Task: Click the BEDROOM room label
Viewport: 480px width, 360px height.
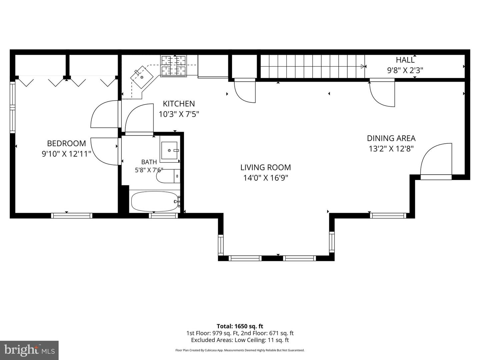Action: [x=66, y=143]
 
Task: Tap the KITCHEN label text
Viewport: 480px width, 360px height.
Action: [x=179, y=104]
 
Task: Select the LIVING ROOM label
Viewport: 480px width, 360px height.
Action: [x=266, y=167]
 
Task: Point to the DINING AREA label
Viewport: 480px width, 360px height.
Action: [x=391, y=138]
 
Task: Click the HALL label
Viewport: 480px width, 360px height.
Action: [x=405, y=60]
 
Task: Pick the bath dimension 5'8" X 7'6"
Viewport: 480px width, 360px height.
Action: [x=149, y=170]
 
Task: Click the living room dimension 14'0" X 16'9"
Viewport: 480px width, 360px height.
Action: [x=266, y=178]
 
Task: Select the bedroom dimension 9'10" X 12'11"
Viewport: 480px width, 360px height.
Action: [x=66, y=154]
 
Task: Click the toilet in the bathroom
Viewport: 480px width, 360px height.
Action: [x=168, y=176]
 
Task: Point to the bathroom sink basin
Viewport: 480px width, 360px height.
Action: [x=169, y=150]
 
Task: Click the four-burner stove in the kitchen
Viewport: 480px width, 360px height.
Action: [x=174, y=65]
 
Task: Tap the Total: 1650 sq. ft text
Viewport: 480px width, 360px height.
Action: [x=240, y=326]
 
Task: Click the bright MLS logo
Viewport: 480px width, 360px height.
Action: [x=29, y=350]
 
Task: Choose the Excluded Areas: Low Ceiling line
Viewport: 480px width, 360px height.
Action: [x=240, y=340]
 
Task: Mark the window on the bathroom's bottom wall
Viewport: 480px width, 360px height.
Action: [x=163, y=216]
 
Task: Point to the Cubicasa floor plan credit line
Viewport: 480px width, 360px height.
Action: [x=240, y=350]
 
